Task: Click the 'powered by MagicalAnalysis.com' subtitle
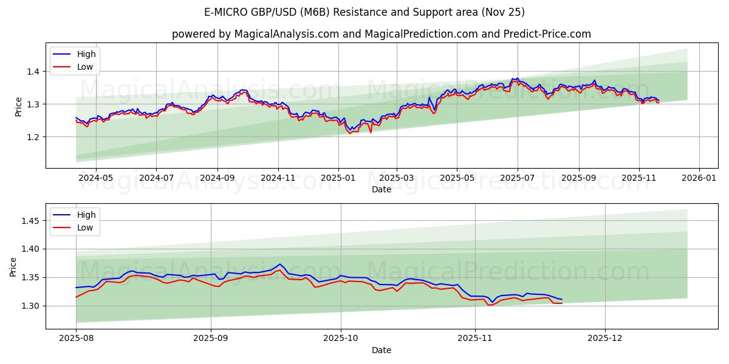coord(381,34)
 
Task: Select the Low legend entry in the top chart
coord(86,67)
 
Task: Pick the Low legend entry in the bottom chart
coord(86,227)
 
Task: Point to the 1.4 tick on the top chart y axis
coord(33,72)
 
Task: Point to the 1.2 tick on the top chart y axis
coord(33,137)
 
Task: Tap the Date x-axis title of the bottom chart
coord(381,350)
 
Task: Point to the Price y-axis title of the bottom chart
coord(13,266)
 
